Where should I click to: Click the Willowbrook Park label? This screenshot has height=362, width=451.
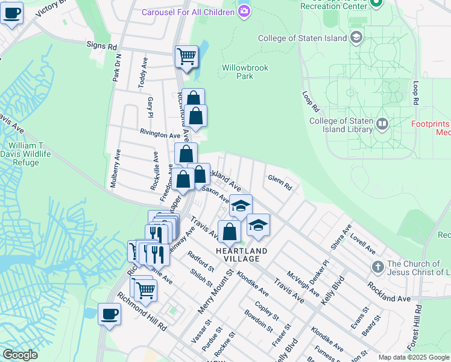click(x=244, y=72)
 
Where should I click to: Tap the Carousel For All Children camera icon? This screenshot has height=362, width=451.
click(x=244, y=11)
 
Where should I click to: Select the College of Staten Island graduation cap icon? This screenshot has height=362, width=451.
click(x=356, y=38)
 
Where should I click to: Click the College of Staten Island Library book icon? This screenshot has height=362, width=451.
click(x=382, y=125)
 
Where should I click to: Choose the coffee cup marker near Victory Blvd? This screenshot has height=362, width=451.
click(x=11, y=12)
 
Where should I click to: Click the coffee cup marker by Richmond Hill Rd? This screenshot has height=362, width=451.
click(x=109, y=314)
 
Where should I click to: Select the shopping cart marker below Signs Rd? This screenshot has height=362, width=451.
click(x=186, y=57)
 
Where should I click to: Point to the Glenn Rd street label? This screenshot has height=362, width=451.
click(x=280, y=182)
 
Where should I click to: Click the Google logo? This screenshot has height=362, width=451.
click(x=20, y=355)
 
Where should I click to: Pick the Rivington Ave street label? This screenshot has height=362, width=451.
click(x=160, y=135)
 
